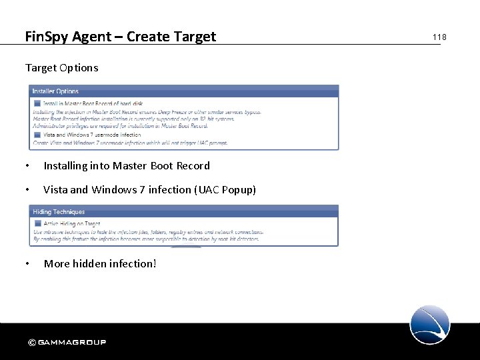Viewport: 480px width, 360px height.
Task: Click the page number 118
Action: tap(439, 37)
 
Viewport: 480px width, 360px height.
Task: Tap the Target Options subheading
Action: tap(61, 67)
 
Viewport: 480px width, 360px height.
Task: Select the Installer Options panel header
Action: tap(56, 91)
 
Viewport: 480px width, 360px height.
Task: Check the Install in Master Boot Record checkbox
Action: tap(37, 103)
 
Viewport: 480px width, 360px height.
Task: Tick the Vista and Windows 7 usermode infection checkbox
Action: tap(37, 135)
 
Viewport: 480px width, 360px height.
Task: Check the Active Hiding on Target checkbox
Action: tap(37, 223)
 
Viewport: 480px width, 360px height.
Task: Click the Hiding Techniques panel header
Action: tap(59, 212)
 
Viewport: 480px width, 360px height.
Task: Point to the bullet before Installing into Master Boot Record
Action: tap(27, 166)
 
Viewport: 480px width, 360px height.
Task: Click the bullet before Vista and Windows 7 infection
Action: tap(27, 190)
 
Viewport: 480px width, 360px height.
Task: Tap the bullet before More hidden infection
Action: tap(27, 264)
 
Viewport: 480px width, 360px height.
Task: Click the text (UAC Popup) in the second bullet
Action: tap(225, 190)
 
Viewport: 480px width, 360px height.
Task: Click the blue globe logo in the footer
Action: tap(430, 325)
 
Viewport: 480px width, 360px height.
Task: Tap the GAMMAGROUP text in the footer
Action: tap(72, 343)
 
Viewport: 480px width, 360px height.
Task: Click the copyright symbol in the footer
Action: tap(31, 343)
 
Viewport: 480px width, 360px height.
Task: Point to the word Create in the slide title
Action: tap(146, 37)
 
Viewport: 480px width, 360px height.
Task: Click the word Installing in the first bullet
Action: tap(65, 166)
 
